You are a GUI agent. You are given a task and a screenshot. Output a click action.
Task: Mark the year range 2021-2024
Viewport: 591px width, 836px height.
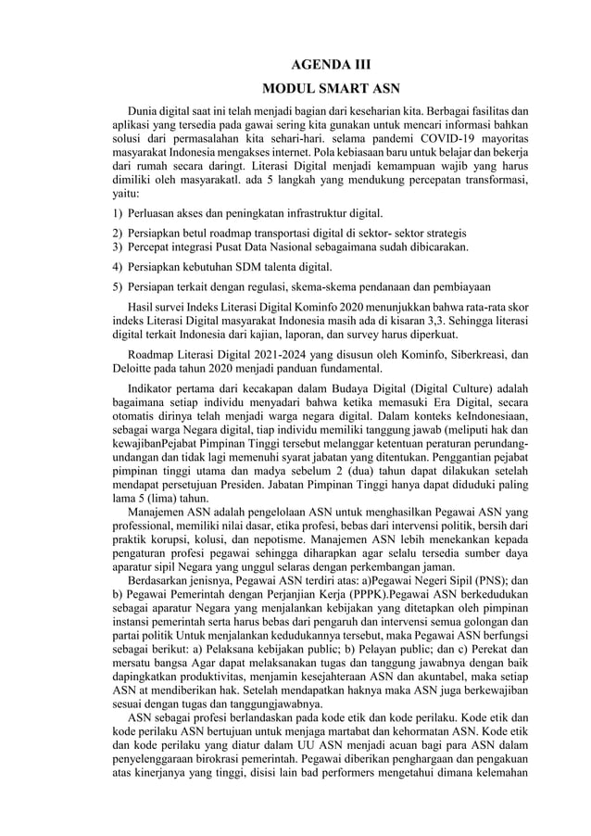click(255, 353)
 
